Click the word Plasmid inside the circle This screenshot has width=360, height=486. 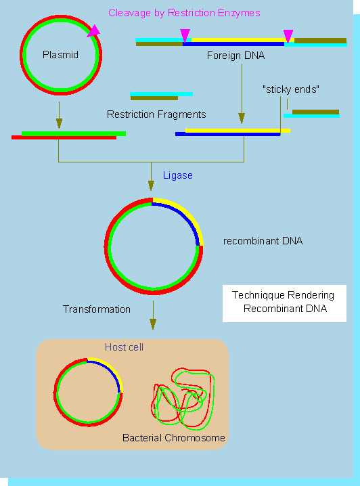[60, 55]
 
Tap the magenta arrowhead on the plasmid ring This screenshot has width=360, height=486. [94, 31]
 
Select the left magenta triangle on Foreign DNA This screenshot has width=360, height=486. [185, 35]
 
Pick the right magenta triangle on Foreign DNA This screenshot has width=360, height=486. [288, 36]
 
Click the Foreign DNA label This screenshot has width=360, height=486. [235, 56]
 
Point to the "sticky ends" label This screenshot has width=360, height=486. [290, 89]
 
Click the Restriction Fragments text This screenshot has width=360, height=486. [156, 114]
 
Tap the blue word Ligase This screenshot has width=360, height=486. [178, 175]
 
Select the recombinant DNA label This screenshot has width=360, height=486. [263, 241]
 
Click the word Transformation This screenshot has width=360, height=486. [97, 309]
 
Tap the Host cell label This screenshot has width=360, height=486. [124, 347]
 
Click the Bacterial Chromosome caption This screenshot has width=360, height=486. [173, 438]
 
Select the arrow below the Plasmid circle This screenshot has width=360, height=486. [59, 115]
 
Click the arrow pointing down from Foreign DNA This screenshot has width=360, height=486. [242, 93]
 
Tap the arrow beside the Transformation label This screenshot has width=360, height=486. [153, 315]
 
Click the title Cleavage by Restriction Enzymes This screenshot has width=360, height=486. [184, 13]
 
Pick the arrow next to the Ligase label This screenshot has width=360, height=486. [151, 177]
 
